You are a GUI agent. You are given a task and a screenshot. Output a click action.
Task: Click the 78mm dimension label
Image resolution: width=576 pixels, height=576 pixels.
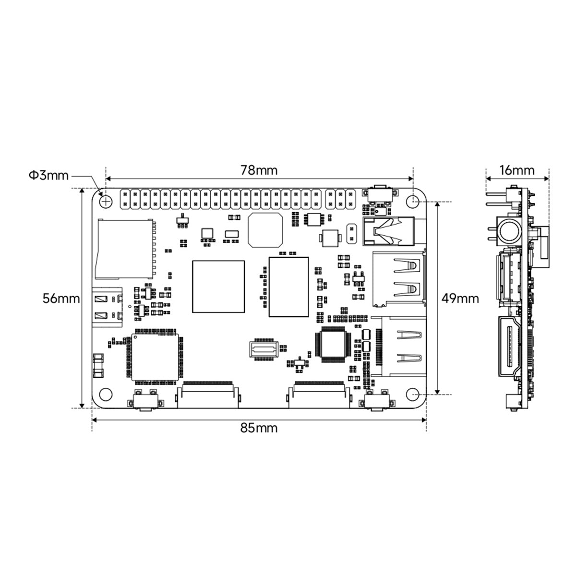259,170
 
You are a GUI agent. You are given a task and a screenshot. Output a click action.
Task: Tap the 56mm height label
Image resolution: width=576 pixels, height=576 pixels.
61,298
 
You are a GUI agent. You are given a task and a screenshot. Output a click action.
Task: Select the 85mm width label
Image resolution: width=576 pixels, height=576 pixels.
259,427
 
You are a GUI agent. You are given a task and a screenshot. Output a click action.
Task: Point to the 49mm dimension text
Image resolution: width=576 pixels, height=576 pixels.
460,298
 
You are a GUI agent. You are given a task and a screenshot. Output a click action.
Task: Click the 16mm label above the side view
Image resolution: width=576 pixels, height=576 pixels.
516,170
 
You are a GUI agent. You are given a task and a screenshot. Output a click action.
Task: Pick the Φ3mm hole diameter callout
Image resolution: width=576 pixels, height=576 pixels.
48,175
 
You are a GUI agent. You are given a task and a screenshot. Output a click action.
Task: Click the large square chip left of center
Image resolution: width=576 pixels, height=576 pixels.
218,287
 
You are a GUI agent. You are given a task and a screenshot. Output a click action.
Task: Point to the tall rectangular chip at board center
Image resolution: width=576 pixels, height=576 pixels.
288,287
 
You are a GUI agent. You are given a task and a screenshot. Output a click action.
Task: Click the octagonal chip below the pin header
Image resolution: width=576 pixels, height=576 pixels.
265,229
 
